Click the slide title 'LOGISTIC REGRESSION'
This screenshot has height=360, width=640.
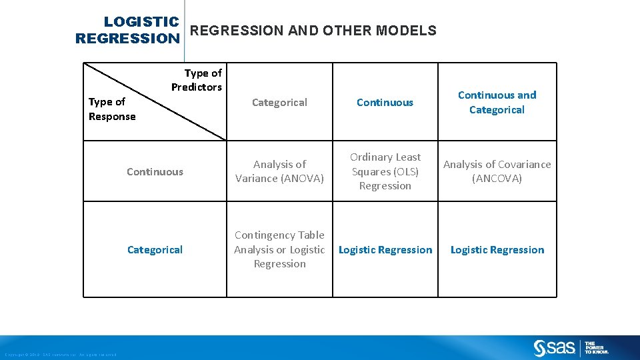[128, 31]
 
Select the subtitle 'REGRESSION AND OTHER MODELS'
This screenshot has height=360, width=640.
[313, 31]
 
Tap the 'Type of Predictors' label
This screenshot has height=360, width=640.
[197, 80]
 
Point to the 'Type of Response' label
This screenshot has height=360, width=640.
[112, 109]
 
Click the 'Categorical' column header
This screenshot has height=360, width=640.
[279, 102]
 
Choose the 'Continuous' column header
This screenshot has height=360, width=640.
[385, 102]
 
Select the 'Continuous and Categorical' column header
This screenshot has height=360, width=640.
[497, 102]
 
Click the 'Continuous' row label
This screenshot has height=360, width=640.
[155, 171]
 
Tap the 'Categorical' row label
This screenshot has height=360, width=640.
[155, 249]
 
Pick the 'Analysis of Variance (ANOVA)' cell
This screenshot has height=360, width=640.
[279, 171]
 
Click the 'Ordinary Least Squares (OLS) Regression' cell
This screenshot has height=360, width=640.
[385, 171]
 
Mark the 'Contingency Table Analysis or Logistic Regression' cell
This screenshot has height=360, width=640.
[279, 249]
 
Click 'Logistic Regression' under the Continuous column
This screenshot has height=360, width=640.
[385, 249]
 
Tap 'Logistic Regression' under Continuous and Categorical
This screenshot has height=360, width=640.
[497, 249]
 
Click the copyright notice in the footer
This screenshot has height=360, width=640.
[60, 354]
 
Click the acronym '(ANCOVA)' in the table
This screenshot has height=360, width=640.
[497, 179]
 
